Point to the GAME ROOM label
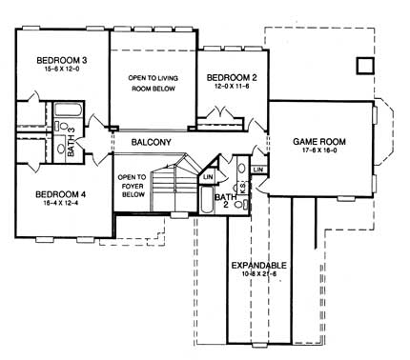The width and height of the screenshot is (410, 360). (318, 142)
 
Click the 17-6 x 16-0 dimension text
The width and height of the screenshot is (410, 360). (318, 152)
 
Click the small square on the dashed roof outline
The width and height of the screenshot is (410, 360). (362, 65)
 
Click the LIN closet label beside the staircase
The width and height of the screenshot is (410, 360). (207, 176)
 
